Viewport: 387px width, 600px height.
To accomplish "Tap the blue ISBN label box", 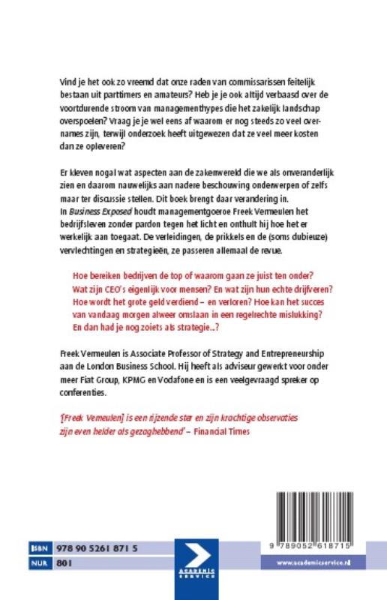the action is [x=40, y=549].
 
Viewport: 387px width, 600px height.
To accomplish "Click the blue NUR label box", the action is [x=40, y=562].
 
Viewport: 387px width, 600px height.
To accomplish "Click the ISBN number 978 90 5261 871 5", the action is [x=97, y=549].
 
